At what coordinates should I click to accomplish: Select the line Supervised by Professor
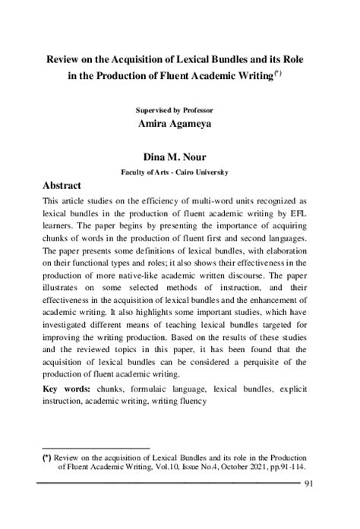(180, 109)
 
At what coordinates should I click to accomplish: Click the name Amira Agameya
(180, 123)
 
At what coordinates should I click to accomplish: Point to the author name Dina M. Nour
(180, 158)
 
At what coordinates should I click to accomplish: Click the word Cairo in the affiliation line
(188, 172)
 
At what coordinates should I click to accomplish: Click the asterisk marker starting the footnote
(47, 458)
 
